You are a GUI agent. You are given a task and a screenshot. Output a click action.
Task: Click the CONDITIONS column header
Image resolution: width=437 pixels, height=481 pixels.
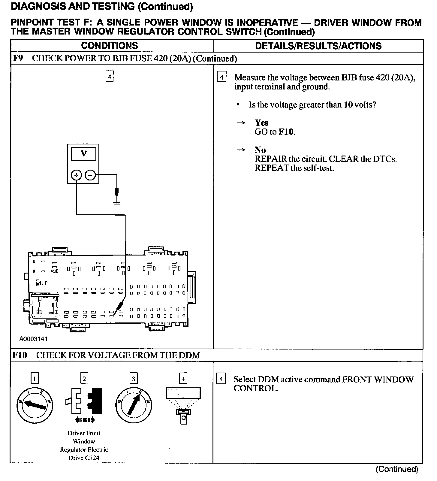pyautogui.click(x=110, y=46)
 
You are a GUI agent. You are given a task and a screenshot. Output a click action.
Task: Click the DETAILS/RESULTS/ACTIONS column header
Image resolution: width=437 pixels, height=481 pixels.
pyautogui.click(x=318, y=46)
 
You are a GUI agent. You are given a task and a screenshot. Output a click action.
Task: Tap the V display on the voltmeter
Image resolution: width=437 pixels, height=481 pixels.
pyautogui.click(x=84, y=154)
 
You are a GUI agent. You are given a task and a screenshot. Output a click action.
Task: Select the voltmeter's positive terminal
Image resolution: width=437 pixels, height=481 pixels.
pyautogui.click(x=77, y=175)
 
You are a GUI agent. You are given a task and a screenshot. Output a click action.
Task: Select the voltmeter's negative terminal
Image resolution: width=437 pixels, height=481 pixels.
pyautogui.click(x=90, y=175)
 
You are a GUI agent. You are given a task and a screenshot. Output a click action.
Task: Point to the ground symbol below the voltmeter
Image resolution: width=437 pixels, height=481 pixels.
pyautogui.click(x=117, y=204)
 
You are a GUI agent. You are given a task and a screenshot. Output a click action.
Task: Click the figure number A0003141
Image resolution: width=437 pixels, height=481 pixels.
pyautogui.click(x=34, y=339)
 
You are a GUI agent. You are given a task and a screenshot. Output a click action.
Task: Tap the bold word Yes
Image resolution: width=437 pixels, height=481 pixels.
pyautogui.click(x=261, y=123)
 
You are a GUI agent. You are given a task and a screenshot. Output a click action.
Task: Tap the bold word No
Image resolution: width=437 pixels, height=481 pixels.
pyautogui.click(x=260, y=150)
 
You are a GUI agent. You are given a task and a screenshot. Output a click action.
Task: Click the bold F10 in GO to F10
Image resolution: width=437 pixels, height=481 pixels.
pyautogui.click(x=286, y=132)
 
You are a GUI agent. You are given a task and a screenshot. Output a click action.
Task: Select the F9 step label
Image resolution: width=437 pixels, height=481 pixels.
pyautogui.click(x=18, y=58)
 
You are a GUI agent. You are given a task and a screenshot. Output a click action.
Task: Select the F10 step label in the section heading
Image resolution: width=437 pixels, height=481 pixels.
pyautogui.click(x=20, y=355)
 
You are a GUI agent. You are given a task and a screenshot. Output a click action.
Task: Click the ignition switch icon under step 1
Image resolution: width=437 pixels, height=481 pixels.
pyautogui.click(x=35, y=405)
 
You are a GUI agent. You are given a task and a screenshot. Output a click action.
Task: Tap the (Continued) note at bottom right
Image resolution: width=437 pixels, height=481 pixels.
pyautogui.click(x=397, y=469)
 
